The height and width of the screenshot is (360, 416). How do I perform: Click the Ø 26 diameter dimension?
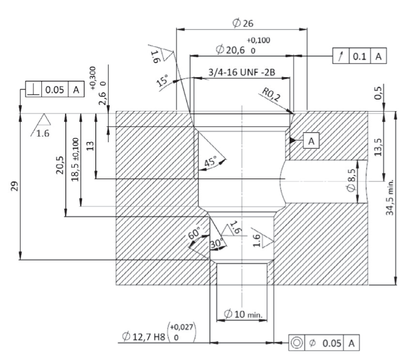(x=243, y=23)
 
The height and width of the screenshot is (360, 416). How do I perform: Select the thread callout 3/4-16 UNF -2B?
(x=242, y=72)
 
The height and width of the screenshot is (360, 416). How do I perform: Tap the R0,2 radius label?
(x=271, y=95)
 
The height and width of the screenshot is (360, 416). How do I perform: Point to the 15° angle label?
(x=162, y=80)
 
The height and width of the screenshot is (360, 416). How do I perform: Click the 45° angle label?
(x=210, y=161)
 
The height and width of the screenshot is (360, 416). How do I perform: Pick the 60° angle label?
(x=194, y=233)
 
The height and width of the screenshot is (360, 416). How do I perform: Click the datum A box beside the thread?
(x=311, y=141)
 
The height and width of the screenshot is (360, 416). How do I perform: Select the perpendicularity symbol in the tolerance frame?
(x=33, y=89)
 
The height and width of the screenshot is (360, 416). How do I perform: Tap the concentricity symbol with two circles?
(x=296, y=343)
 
